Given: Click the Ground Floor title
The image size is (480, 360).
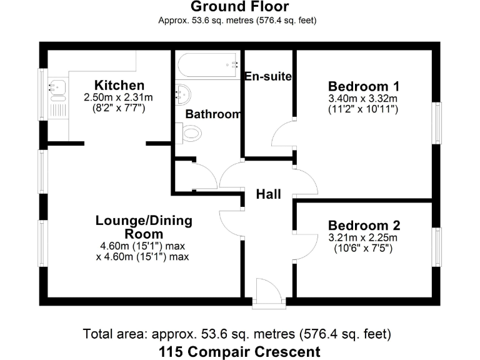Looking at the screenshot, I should (239, 7).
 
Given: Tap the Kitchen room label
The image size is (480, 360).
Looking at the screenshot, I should (119, 85).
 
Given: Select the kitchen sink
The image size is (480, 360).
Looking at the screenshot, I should (57, 91).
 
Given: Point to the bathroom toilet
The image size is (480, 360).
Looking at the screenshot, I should (192, 132).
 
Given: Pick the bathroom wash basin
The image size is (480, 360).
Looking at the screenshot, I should (182, 94).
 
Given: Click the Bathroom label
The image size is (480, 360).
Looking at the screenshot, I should (213, 114).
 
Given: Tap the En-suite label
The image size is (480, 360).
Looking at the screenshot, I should (269, 76).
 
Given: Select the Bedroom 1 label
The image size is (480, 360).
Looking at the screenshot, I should (364, 86).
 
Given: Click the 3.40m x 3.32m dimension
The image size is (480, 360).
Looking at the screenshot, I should (364, 98).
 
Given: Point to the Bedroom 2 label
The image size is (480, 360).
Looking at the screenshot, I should (364, 226).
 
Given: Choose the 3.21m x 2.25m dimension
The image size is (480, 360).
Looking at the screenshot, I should (364, 237).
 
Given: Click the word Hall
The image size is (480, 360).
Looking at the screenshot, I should (268, 194).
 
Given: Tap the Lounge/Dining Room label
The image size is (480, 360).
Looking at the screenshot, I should (144, 227).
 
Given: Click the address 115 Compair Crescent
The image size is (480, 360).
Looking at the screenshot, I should (240, 351).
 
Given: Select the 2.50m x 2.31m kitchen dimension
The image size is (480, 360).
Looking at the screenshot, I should (119, 97).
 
